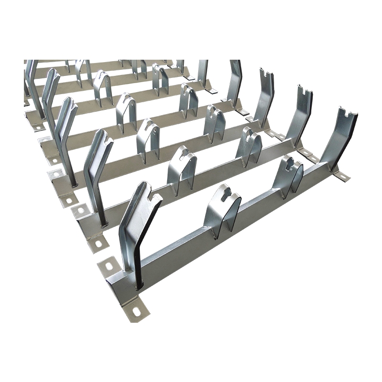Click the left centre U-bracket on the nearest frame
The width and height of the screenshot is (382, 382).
(x=222, y=210)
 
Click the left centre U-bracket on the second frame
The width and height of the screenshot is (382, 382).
(x=181, y=170)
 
